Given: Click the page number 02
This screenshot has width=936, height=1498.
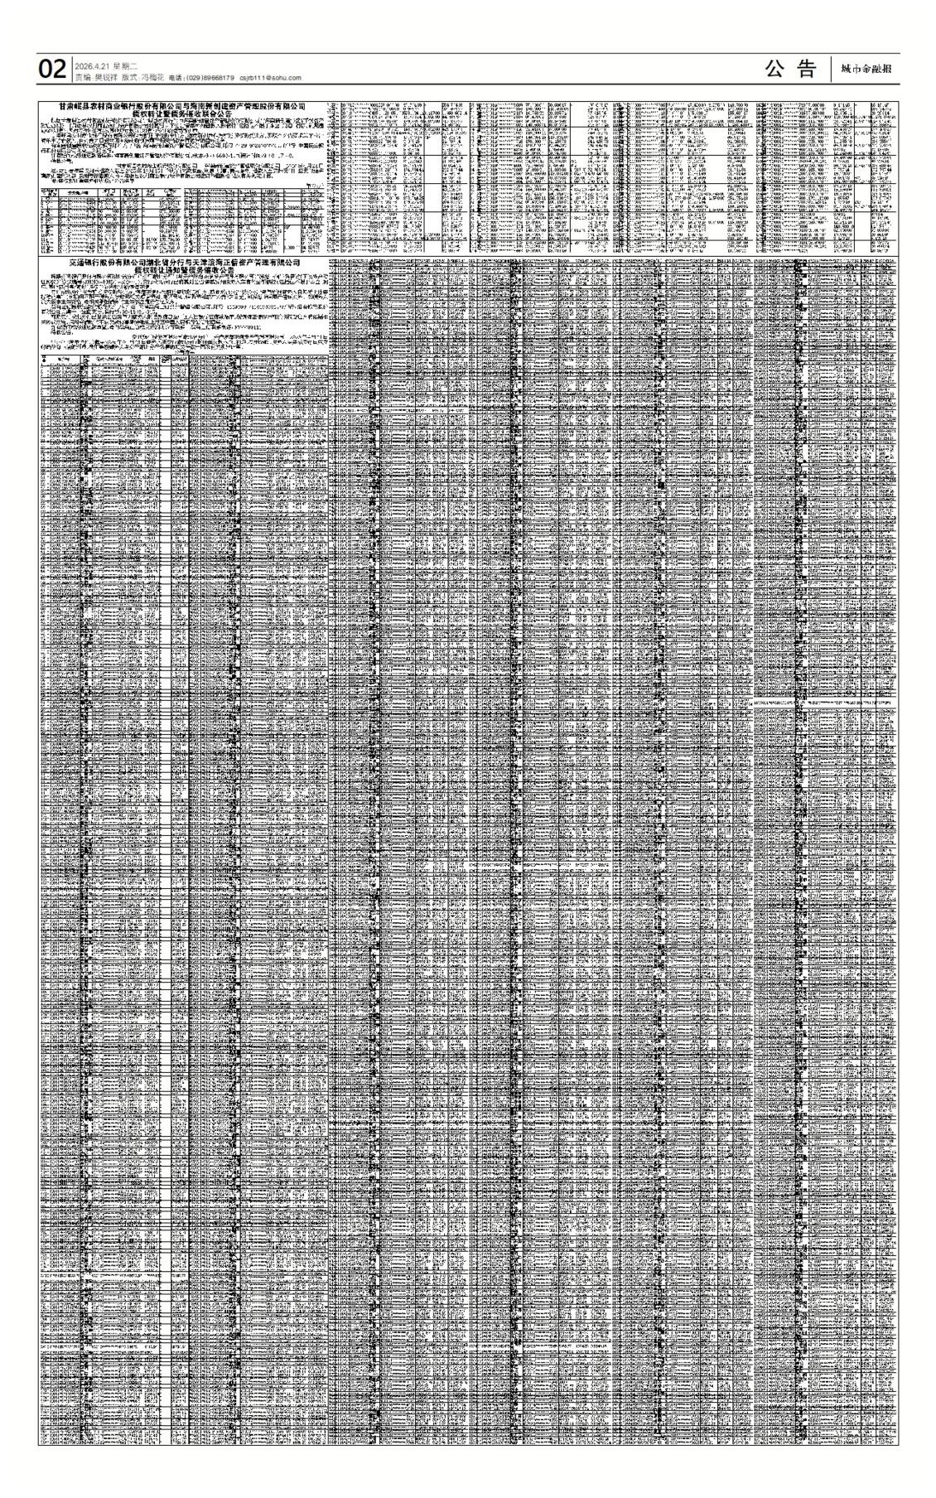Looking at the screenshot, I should click(51, 70).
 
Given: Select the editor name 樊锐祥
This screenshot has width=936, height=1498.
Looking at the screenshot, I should click(106, 77).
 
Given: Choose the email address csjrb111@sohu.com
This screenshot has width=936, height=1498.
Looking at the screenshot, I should click(270, 78).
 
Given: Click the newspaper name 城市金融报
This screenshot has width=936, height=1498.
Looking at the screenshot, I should click(866, 70).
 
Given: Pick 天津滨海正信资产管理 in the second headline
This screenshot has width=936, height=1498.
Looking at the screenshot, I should click(240, 261).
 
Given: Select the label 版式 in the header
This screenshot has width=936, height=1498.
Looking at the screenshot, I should click(128, 77).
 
